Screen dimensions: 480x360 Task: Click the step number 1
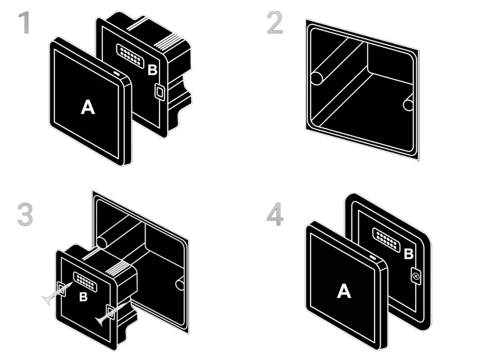coord(24,22)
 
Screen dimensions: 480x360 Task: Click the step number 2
coord(275,22)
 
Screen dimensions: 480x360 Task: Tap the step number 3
coord(25,215)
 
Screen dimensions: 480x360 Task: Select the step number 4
coord(275,215)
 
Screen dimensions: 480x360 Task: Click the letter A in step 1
coord(88,107)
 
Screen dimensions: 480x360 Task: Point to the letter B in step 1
coord(153,70)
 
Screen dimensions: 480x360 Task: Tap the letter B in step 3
coord(83,297)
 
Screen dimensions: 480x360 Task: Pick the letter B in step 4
coord(408,254)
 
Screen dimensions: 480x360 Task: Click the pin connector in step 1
coord(130,56)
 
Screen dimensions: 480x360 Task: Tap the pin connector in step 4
coord(386,240)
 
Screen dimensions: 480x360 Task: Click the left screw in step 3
coord(57,293)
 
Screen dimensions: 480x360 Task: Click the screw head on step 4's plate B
coord(415,276)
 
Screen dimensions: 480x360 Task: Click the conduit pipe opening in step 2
coord(317,79)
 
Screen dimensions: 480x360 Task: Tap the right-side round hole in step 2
coord(408,105)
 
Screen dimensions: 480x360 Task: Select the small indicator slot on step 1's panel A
coord(117,73)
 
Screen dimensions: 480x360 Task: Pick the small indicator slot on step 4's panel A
coord(372,257)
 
